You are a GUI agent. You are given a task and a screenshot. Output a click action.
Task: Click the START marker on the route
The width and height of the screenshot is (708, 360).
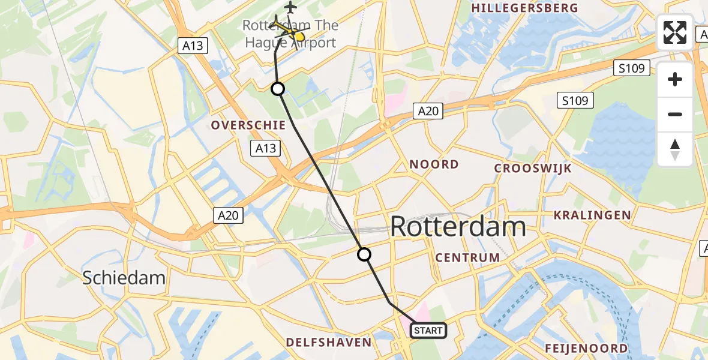pyautogui.click(x=428, y=330)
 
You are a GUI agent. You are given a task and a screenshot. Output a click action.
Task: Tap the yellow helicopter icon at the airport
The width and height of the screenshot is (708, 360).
pyautogui.click(x=287, y=28)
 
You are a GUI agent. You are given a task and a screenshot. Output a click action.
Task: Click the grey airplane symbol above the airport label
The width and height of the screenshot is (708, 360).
pyautogui.click(x=291, y=8)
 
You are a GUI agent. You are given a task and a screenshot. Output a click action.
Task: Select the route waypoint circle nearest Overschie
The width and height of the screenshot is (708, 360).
pyautogui.click(x=278, y=89)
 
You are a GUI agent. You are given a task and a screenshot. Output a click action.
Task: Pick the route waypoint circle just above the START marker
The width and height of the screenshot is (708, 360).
pyautogui.click(x=364, y=254)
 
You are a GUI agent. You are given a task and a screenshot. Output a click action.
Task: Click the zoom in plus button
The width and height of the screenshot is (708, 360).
pyautogui.click(x=675, y=79)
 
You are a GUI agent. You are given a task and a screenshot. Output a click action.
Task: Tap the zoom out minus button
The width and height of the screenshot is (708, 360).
pyautogui.click(x=675, y=114)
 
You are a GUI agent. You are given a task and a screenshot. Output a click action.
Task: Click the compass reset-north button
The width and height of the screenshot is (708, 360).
pyautogui.click(x=675, y=149)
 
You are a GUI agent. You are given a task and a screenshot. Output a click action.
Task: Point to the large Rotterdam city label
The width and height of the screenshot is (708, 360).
pyautogui.click(x=458, y=227)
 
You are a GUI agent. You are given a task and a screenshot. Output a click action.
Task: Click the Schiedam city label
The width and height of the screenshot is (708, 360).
pyautogui.click(x=124, y=278)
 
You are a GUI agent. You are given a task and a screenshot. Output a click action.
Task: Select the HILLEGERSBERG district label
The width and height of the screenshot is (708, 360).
pyautogui.click(x=525, y=8)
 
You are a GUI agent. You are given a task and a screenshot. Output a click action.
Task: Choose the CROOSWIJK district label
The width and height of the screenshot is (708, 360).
pyautogui.click(x=533, y=169)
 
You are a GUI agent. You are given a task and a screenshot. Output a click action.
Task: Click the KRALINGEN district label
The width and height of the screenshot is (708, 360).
pyautogui.click(x=592, y=215)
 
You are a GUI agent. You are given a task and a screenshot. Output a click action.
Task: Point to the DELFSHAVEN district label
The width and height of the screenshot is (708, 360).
pyautogui.click(x=328, y=343)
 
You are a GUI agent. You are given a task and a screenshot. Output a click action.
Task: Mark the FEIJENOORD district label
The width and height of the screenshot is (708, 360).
pyautogui.click(x=586, y=348)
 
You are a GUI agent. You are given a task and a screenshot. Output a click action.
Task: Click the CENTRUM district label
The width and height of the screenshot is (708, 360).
pyautogui.click(x=467, y=257)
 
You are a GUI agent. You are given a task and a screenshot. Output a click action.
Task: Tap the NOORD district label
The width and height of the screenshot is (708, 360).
pyautogui.click(x=434, y=164)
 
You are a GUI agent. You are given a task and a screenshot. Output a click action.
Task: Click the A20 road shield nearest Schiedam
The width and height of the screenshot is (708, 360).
pyautogui.click(x=229, y=215)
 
